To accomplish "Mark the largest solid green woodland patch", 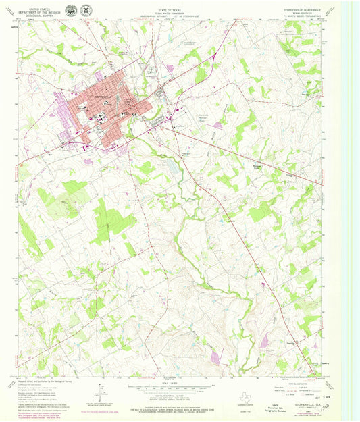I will [x=108, y=219].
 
